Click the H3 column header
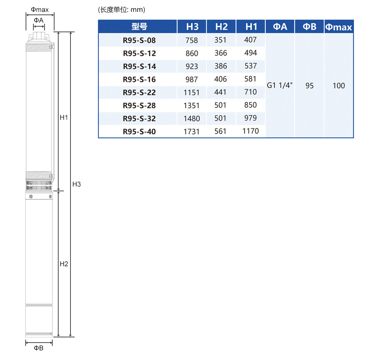192,27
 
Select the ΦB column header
309,27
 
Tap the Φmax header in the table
339,27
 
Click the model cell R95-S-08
139,40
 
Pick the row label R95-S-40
139,132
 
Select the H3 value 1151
191,92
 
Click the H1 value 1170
250,131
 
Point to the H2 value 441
220,92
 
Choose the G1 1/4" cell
280,85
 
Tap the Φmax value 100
339,86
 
